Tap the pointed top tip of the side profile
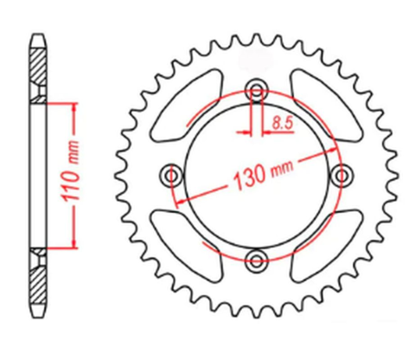coord(40,35)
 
